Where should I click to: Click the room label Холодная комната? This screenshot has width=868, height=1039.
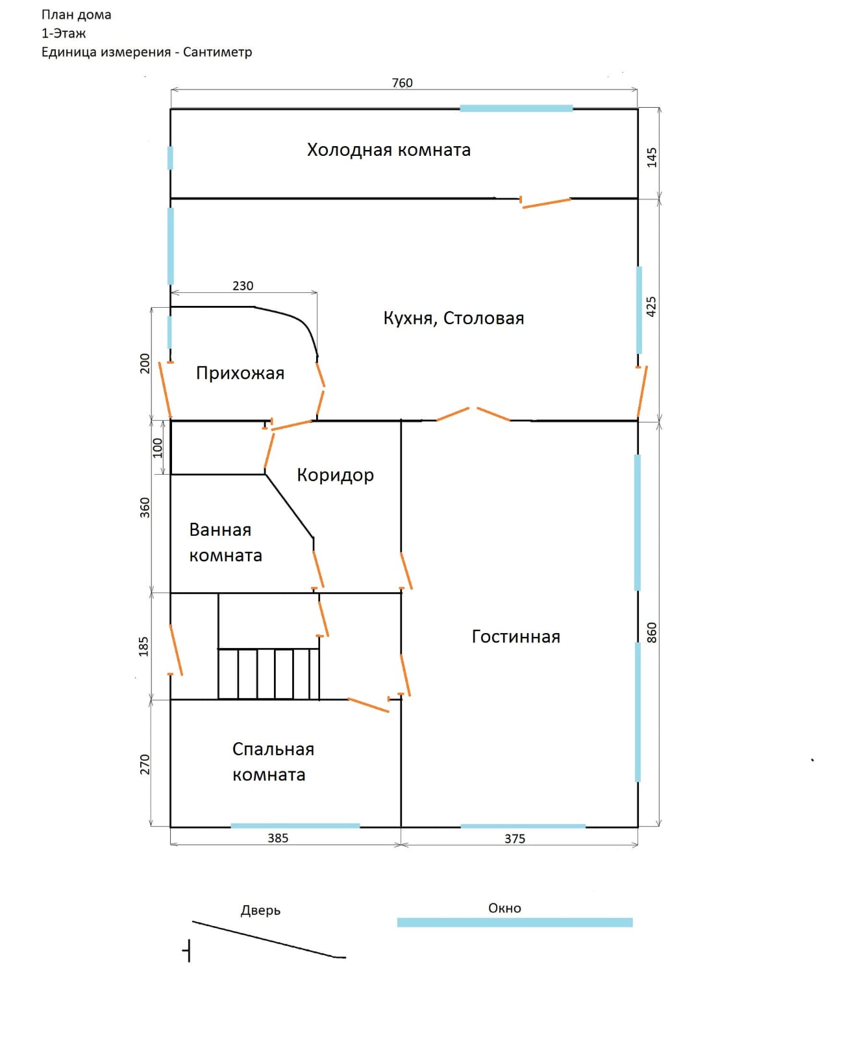tap(388, 150)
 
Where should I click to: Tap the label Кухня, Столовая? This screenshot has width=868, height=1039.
tap(453, 318)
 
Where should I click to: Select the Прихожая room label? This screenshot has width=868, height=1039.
tap(240, 373)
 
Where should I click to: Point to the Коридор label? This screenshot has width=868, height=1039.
tap(335, 475)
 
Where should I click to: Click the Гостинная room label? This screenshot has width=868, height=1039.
tap(515, 636)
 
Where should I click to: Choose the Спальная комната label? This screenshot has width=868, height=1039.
tap(273, 762)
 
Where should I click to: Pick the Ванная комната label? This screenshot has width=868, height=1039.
tap(225, 542)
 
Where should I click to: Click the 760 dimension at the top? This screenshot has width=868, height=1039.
tap(402, 83)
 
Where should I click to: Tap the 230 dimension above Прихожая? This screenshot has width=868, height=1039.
tap(243, 286)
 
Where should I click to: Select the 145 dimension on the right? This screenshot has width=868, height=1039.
tap(652, 157)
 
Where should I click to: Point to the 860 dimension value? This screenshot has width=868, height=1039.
tap(652, 632)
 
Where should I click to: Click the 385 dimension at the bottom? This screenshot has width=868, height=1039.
tap(278, 838)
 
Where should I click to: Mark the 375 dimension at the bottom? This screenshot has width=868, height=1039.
tap(515, 839)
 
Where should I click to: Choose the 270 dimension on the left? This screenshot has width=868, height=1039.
tap(145, 764)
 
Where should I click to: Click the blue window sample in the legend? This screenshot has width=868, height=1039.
tap(514, 922)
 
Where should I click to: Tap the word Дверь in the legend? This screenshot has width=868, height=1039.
tap(260, 910)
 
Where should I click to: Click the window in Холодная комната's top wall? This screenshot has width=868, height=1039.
tap(516, 108)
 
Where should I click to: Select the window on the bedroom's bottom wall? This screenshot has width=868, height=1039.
tap(295, 826)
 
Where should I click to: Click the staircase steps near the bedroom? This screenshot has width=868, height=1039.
tap(268, 673)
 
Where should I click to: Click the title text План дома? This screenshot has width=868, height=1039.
tap(77, 15)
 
